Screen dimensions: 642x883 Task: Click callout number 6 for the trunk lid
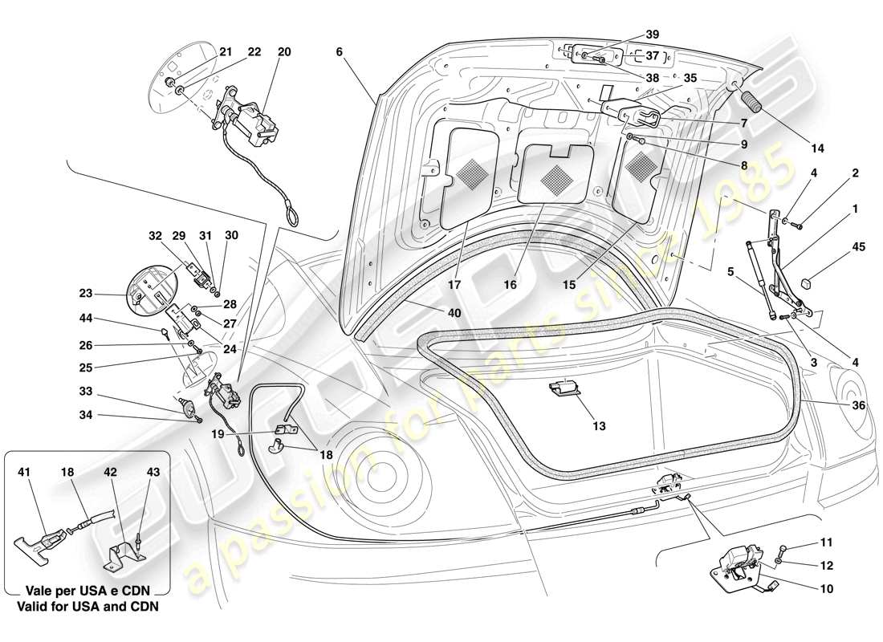tap(339, 51)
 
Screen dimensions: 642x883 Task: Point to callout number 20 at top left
tap(284, 51)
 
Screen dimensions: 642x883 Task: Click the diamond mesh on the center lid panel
tap(555, 176)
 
